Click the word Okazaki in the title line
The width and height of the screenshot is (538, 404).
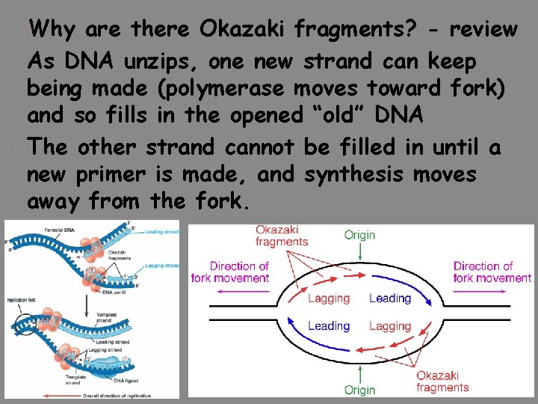click(x=243, y=29)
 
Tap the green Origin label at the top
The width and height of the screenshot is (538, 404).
click(x=360, y=235)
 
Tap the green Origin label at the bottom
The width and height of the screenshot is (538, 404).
click(x=360, y=390)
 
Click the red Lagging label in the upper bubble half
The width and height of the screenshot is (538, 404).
click(x=329, y=299)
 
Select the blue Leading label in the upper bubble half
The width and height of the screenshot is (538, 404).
click(x=390, y=299)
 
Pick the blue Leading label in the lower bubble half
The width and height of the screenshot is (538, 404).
click(x=329, y=326)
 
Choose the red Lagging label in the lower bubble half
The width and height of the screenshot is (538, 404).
click(x=390, y=326)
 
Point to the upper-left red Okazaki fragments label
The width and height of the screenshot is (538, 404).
click(x=282, y=235)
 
